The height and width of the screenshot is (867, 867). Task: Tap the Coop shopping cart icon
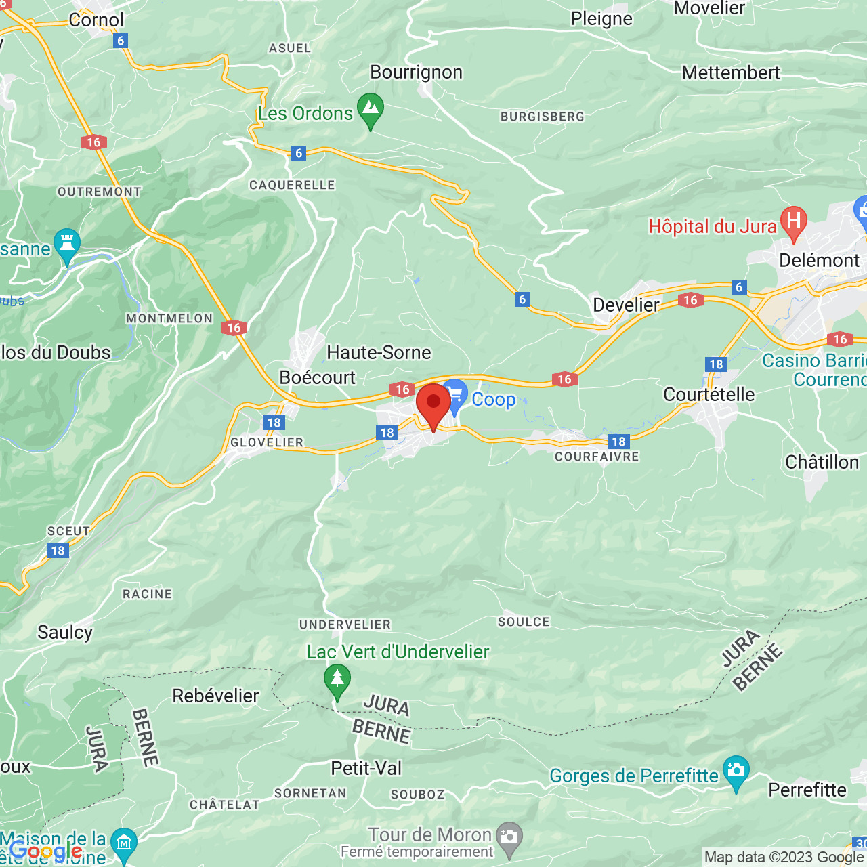pos(456,394)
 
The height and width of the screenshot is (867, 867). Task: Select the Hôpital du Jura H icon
pos(793,221)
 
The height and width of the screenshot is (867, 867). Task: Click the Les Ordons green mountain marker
pos(371,108)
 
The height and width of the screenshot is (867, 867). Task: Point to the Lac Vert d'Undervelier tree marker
pos(337,679)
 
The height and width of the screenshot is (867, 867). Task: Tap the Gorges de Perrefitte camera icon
pos(736,771)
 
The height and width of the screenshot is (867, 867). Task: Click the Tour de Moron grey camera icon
pos(509,837)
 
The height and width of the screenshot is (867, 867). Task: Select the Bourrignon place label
pos(416,72)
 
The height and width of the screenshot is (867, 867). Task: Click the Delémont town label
pos(819,260)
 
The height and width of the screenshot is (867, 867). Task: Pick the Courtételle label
pos(709,394)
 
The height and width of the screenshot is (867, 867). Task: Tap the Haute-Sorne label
pos(379,352)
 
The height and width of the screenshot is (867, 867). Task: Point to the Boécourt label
pos(317,377)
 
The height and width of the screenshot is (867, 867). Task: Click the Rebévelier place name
pos(215,696)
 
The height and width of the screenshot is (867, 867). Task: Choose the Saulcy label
pos(64,632)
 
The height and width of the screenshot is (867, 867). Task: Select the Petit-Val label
pos(366,768)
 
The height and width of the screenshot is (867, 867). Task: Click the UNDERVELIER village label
pos(345,625)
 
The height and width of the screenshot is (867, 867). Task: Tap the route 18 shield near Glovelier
pos(274,423)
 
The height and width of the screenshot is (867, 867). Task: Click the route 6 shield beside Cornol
pos(121,41)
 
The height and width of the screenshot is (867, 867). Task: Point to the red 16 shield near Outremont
pos(93,142)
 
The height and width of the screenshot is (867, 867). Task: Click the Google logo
pos(45,851)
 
